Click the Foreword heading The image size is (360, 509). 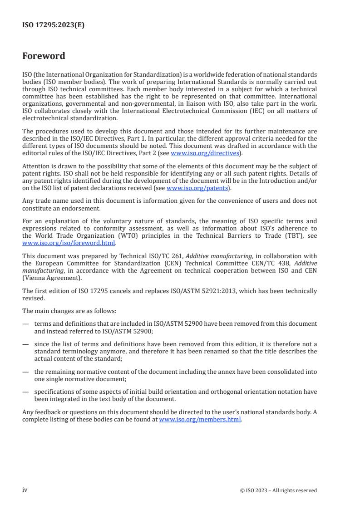coord(44,56)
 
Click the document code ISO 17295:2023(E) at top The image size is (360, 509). coord(53,25)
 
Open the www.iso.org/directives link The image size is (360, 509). coord(205,153)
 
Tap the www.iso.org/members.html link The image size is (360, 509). coord(200,420)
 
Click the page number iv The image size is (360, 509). coord(25,490)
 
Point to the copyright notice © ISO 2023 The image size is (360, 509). coord(278,490)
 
